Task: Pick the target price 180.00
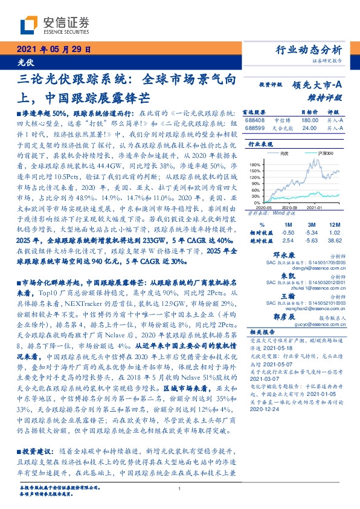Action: point(309,120)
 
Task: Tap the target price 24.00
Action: point(309,128)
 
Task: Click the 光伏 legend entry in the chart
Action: point(284,154)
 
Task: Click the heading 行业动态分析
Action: point(312,50)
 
